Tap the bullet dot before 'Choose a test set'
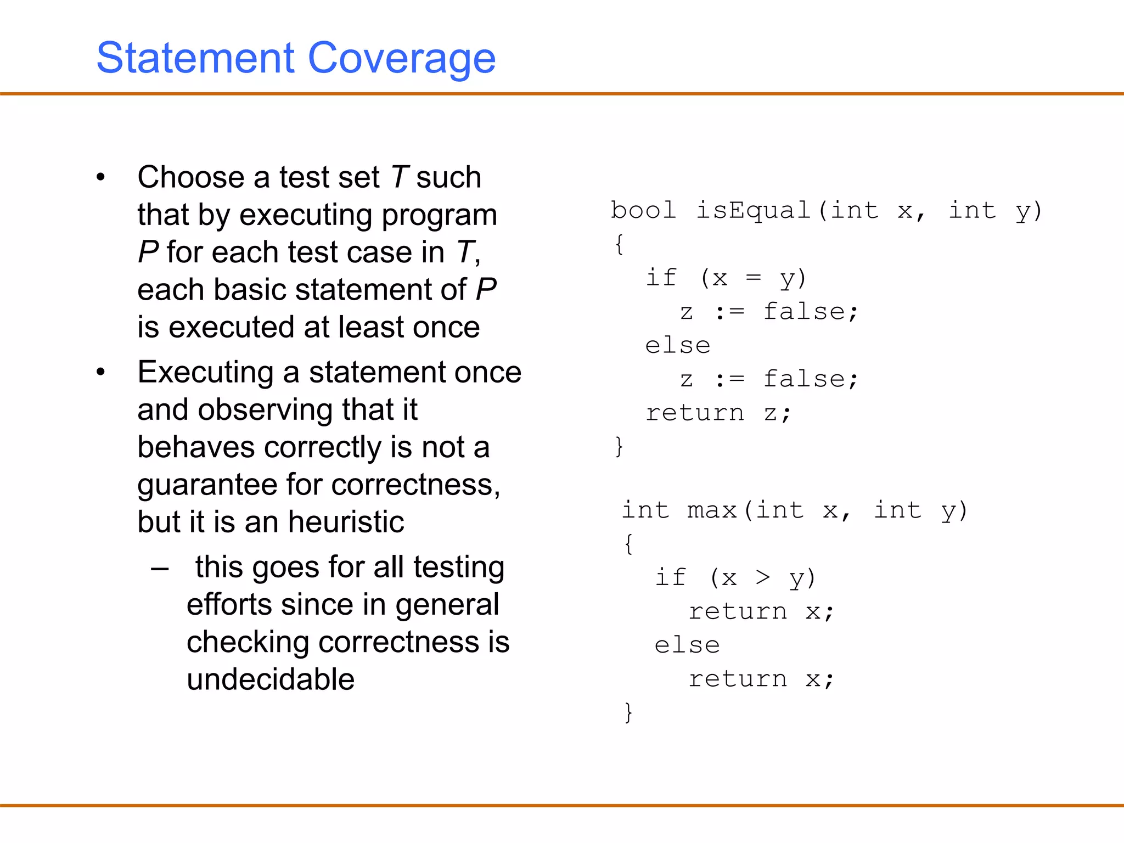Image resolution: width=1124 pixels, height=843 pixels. click(100, 177)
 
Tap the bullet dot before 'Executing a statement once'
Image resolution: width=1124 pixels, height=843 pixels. click(100, 372)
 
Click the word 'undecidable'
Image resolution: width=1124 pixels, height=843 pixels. click(271, 679)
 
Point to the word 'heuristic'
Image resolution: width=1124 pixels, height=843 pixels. click(346, 521)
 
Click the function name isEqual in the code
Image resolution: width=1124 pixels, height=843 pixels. click(754, 211)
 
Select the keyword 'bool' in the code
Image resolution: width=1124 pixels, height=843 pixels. click(643, 211)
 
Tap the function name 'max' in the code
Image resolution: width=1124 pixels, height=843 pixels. click(711, 510)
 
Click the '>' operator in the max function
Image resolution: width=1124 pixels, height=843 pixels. click(763, 577)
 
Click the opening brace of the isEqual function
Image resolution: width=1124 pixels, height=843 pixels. click(619, 244)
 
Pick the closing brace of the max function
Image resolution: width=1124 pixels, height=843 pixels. click(628, 712)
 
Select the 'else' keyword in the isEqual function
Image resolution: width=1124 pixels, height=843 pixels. click(678, 346)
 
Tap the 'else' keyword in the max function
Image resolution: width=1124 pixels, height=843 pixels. click(687, 645)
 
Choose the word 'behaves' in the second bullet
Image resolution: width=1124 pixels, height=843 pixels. click(196, 447)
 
